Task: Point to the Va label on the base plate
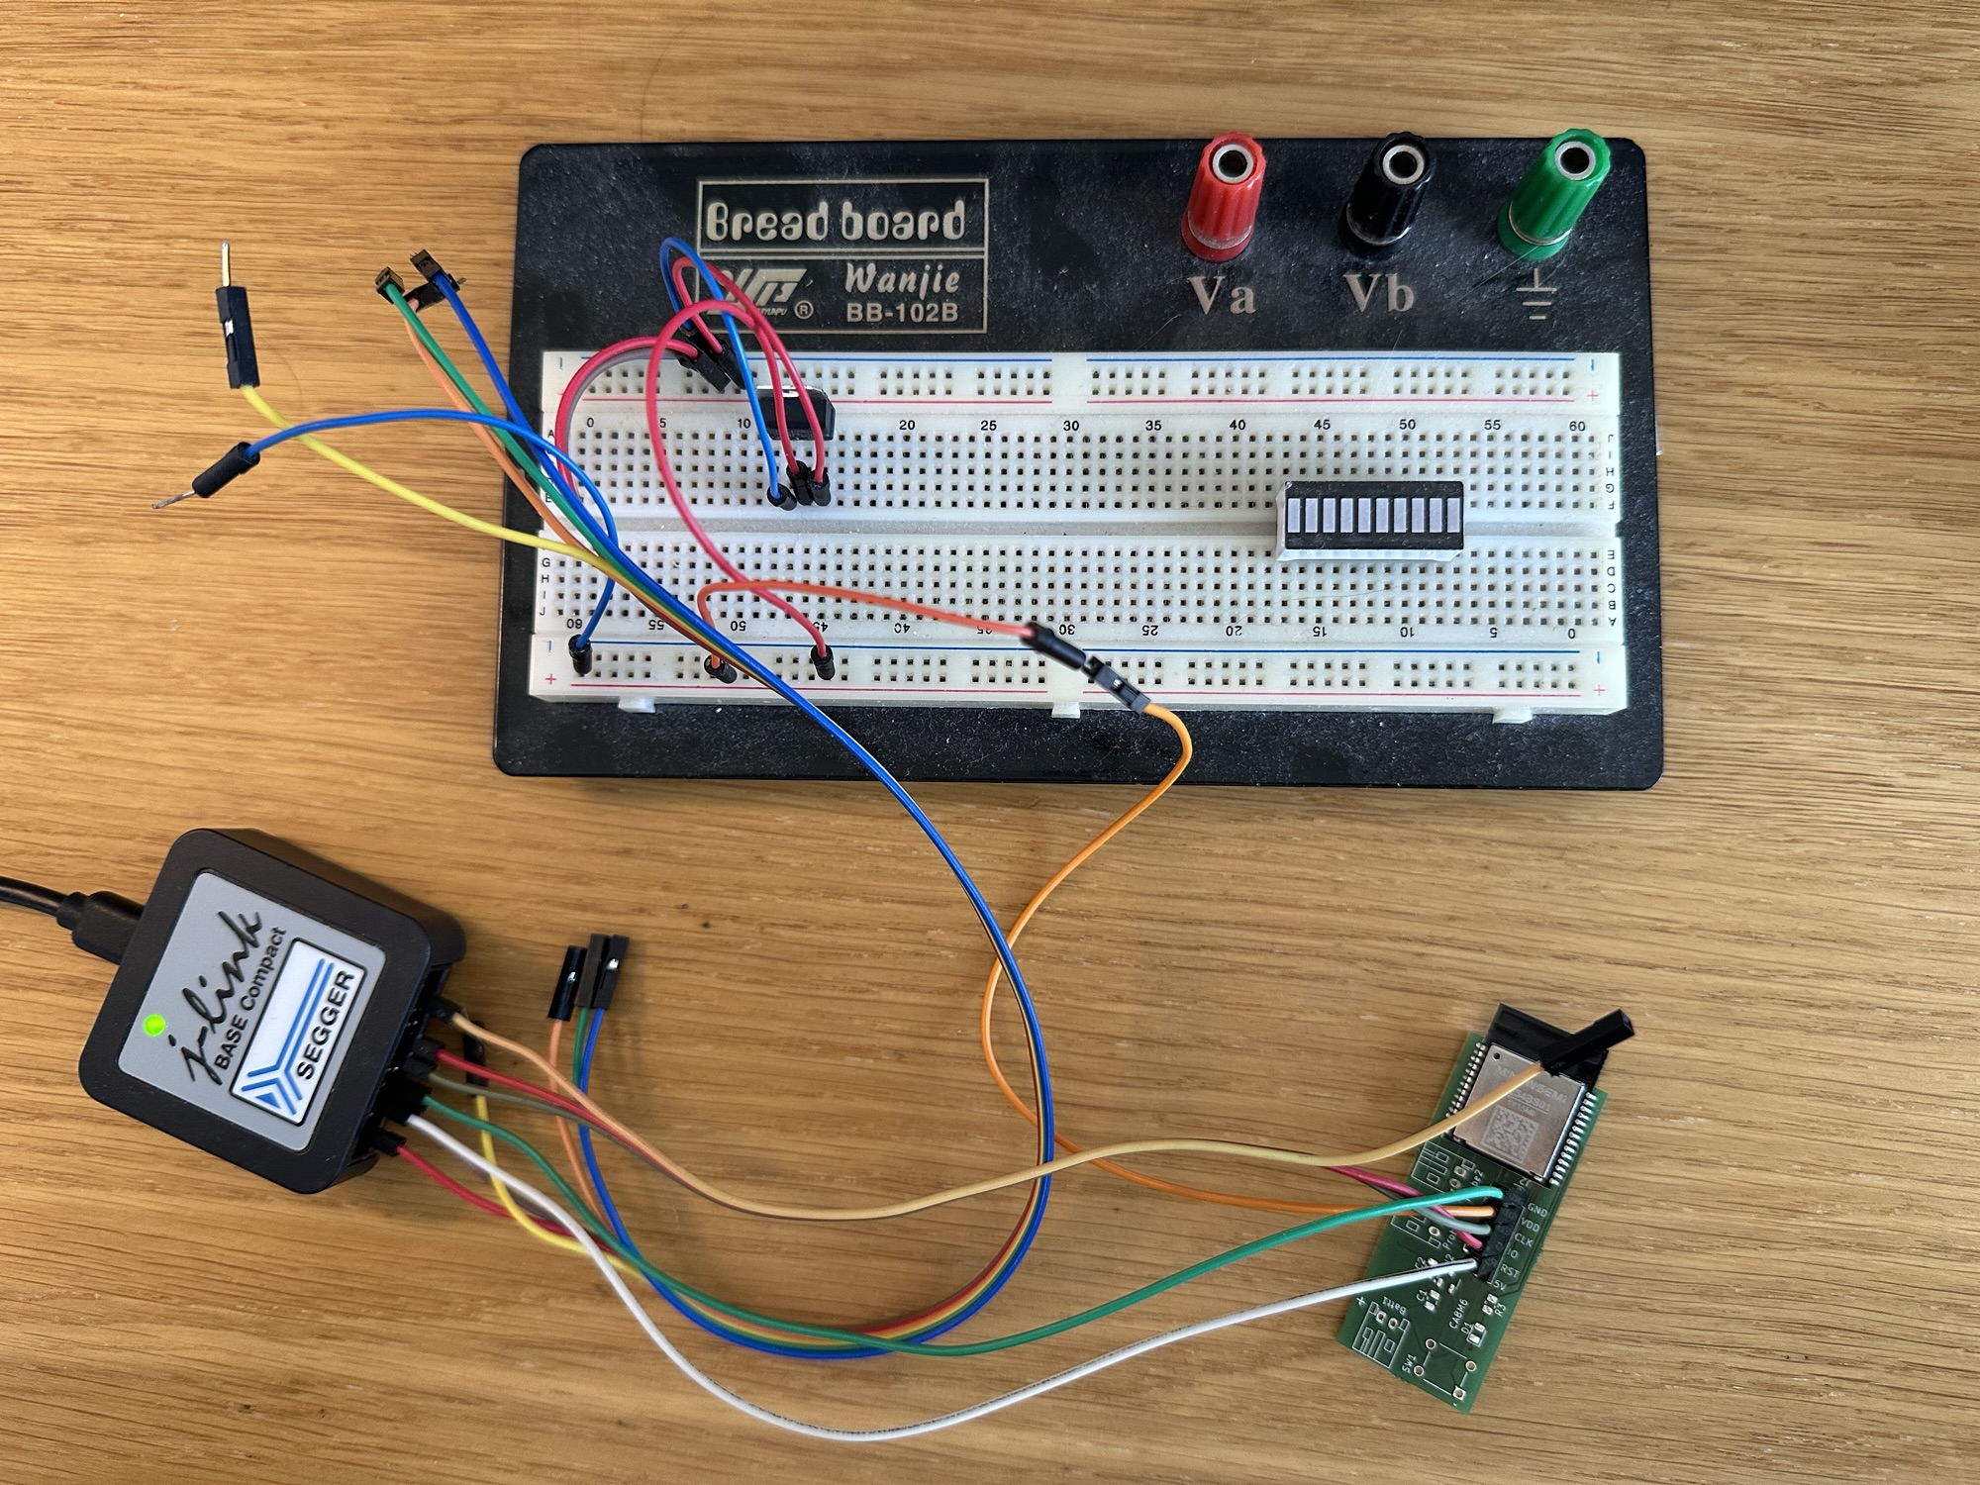coord(1221,295)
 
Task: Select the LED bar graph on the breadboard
coord(1372,519)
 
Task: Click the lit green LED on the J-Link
coord(153,1026)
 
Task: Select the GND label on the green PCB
coord(1538,1211)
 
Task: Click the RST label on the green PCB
coord(1512,1270)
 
